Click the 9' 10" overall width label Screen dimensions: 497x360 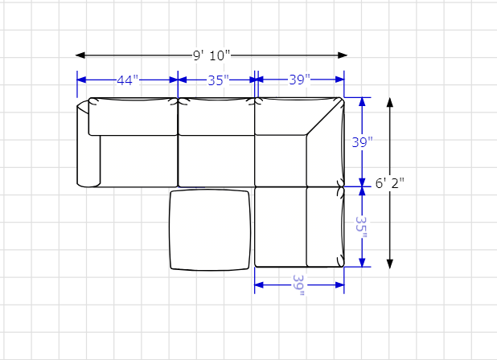(212, 55)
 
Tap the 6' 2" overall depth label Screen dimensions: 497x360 (390, 183)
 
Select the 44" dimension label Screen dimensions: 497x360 (127, 80)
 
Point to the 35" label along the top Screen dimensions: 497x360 (219, 80)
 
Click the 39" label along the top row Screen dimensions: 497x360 (299, 80)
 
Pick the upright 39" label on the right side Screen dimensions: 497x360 (362, 142)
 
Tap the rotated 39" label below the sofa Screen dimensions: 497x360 (298, 285)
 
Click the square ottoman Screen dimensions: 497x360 (210, 230)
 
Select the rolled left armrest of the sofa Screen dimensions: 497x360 (88, 144)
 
